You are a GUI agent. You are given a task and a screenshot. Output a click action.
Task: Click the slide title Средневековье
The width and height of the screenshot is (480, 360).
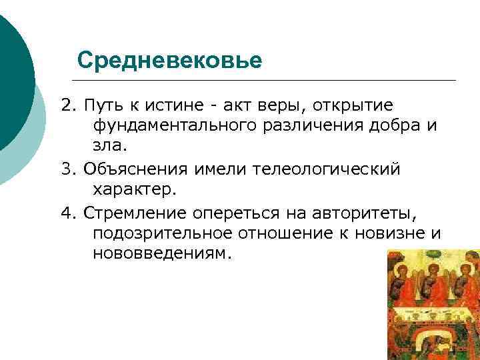169,61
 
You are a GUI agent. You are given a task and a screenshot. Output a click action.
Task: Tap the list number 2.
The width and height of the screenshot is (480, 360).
67,106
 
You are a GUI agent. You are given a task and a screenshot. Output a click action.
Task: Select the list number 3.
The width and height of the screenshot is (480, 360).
67,169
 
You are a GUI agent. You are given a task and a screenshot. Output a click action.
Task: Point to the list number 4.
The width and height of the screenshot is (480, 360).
67,213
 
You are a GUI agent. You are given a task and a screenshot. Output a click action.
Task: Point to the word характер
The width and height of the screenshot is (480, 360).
135,190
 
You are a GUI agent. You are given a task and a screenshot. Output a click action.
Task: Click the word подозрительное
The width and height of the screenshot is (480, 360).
163,234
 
